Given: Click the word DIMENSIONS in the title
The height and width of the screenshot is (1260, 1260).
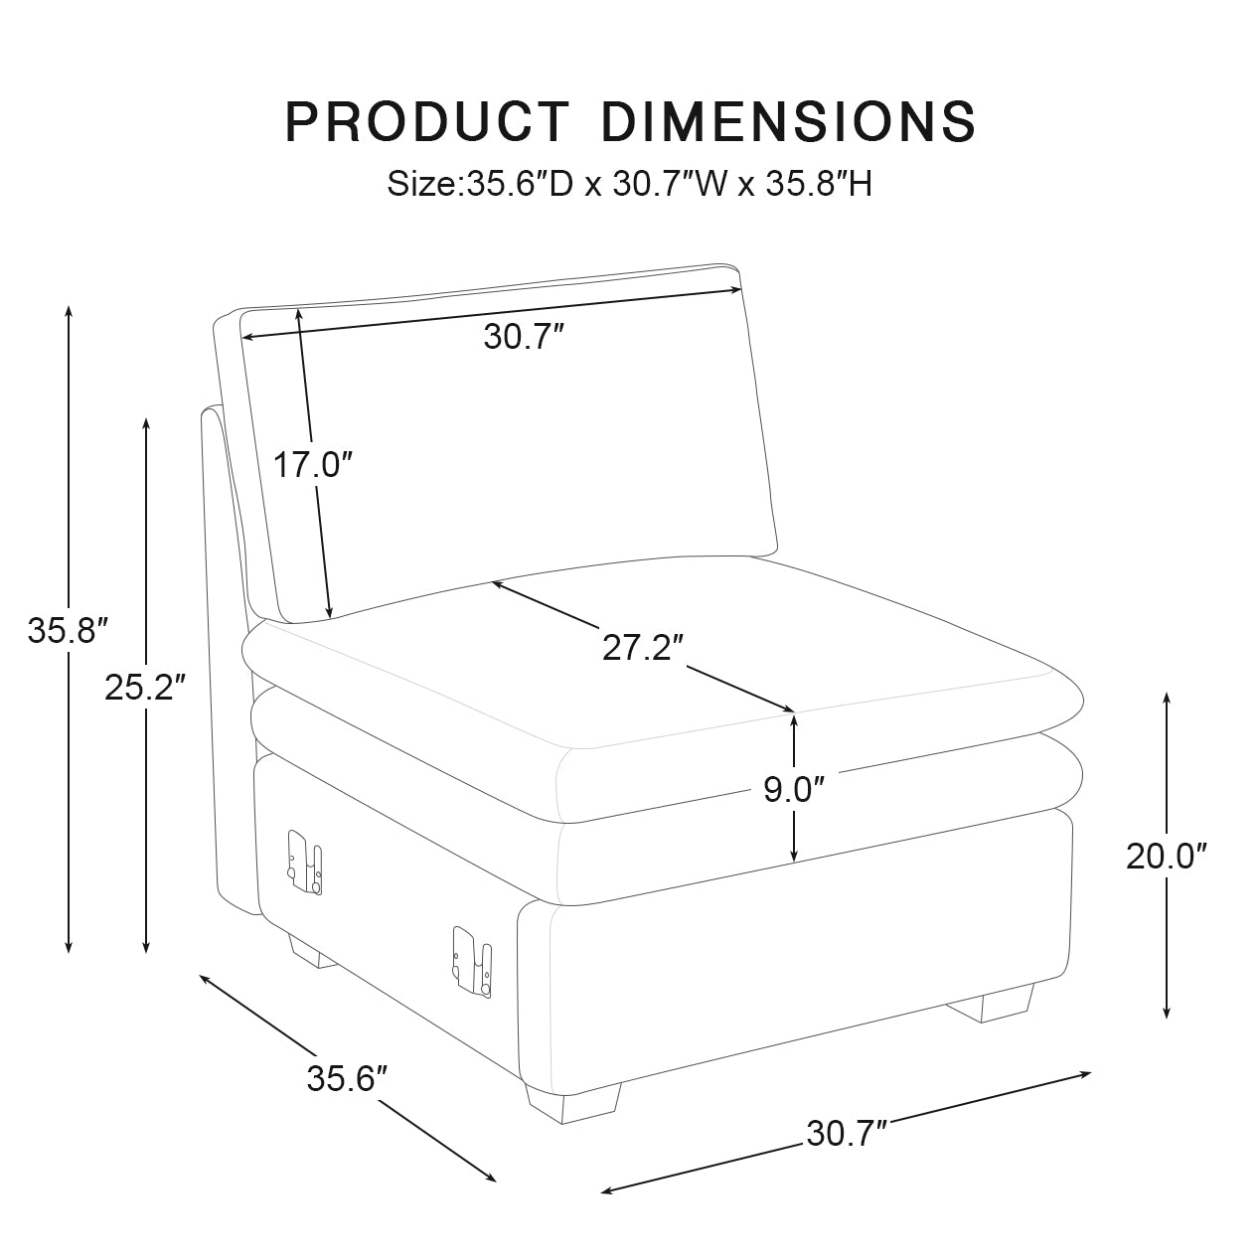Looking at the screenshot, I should pyautogui.click(x=789, y=121).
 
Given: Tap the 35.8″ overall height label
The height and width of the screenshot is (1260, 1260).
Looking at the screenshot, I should pyautogui.click(x=67, y=630).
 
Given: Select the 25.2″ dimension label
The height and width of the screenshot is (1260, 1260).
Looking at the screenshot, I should pyautogui.click(x=145, y=687).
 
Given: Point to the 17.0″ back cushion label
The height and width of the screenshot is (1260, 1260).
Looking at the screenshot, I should pyautogui.click(x=313, y=464).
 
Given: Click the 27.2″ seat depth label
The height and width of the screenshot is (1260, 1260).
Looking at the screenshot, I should pyautogui.click(x=643, y=647).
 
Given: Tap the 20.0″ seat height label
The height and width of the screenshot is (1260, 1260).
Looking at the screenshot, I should pyautogui.click(x=1167, y=856).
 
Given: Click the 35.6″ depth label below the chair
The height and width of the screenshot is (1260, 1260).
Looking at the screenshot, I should pyautogui.click(x=346, y=1078).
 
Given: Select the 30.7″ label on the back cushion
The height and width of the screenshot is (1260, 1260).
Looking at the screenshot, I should pyautogui.click(x=524, y=338).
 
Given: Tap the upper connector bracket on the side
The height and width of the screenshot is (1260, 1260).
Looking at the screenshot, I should pyautogui.click(x=304, y=860).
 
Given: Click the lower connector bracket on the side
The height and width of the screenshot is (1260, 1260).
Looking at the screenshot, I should pyautogui.click(x=472, y=960).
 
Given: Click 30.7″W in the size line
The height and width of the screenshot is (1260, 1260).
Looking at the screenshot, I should pyautogui.click(x=662, y=184).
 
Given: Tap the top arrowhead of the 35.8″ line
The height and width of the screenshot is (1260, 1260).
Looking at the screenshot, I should pyautogui.click(x=68, y=310).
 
